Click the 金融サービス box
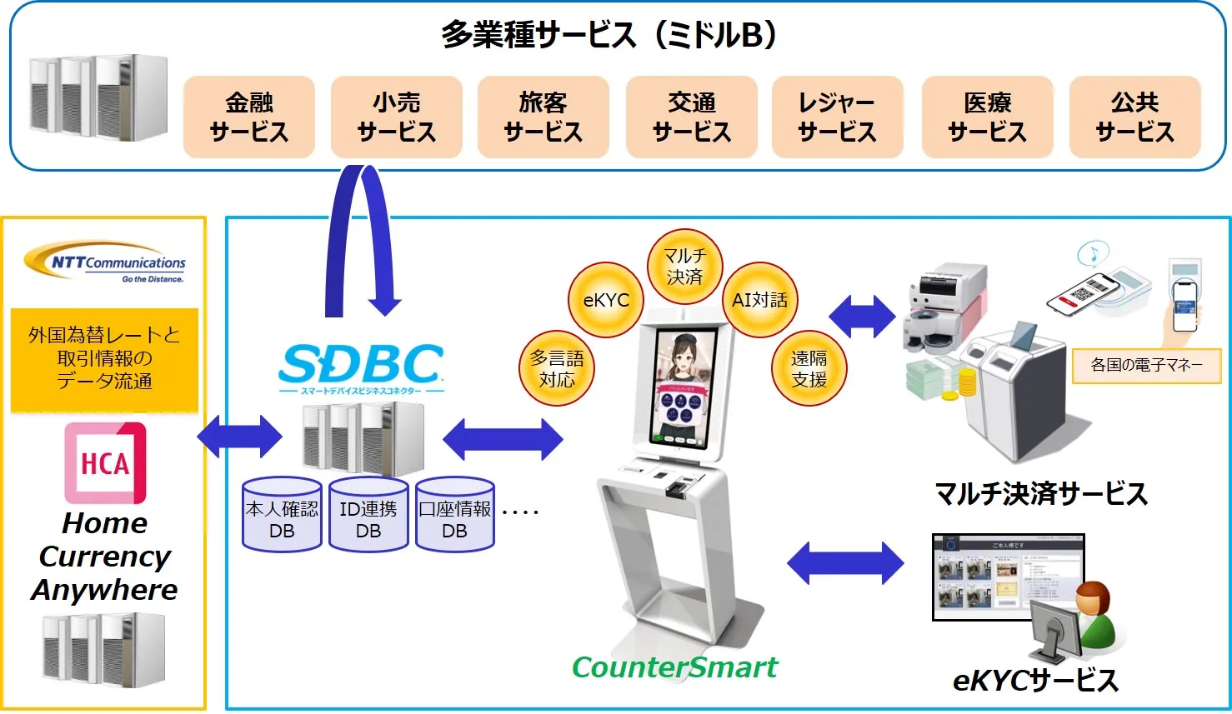pyautogui.click(x=248, y=117)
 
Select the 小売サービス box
pyautogui.click(x=396, y=117)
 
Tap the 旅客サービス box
pyautogui.click(x=543, y=117)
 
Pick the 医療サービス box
pyautogui.click(x=987, y=117)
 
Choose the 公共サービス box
pyautogui.click(x=1134, y=117)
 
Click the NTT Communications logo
pyautogui.click(x=105, y=264)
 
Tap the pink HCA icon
pyautogui.click(x=105, y=462)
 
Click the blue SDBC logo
pyautogui.click(x=361, y=367)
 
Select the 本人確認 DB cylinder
pyautogui.click(x=282, y=516)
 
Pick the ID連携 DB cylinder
pyautogui.click(x=368, y=516)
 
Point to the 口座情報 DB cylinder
pyautogui.click(x=455, y=516)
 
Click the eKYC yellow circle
pyautogui.click(x=606, y=300)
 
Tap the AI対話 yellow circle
pyautogui.click(x=759, y=300)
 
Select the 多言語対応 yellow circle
pyautogui.click(x=557, y=368)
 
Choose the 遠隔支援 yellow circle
pyautogui.click(x=809, y=368)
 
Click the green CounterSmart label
pyautogui.click(x=674, y=667)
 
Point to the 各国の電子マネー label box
pyautogui.click(x=1146, y=365)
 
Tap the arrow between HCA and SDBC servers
pyautogui.click(x=240, y=437)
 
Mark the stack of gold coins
pyautogui.click(x=966, y=384)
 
